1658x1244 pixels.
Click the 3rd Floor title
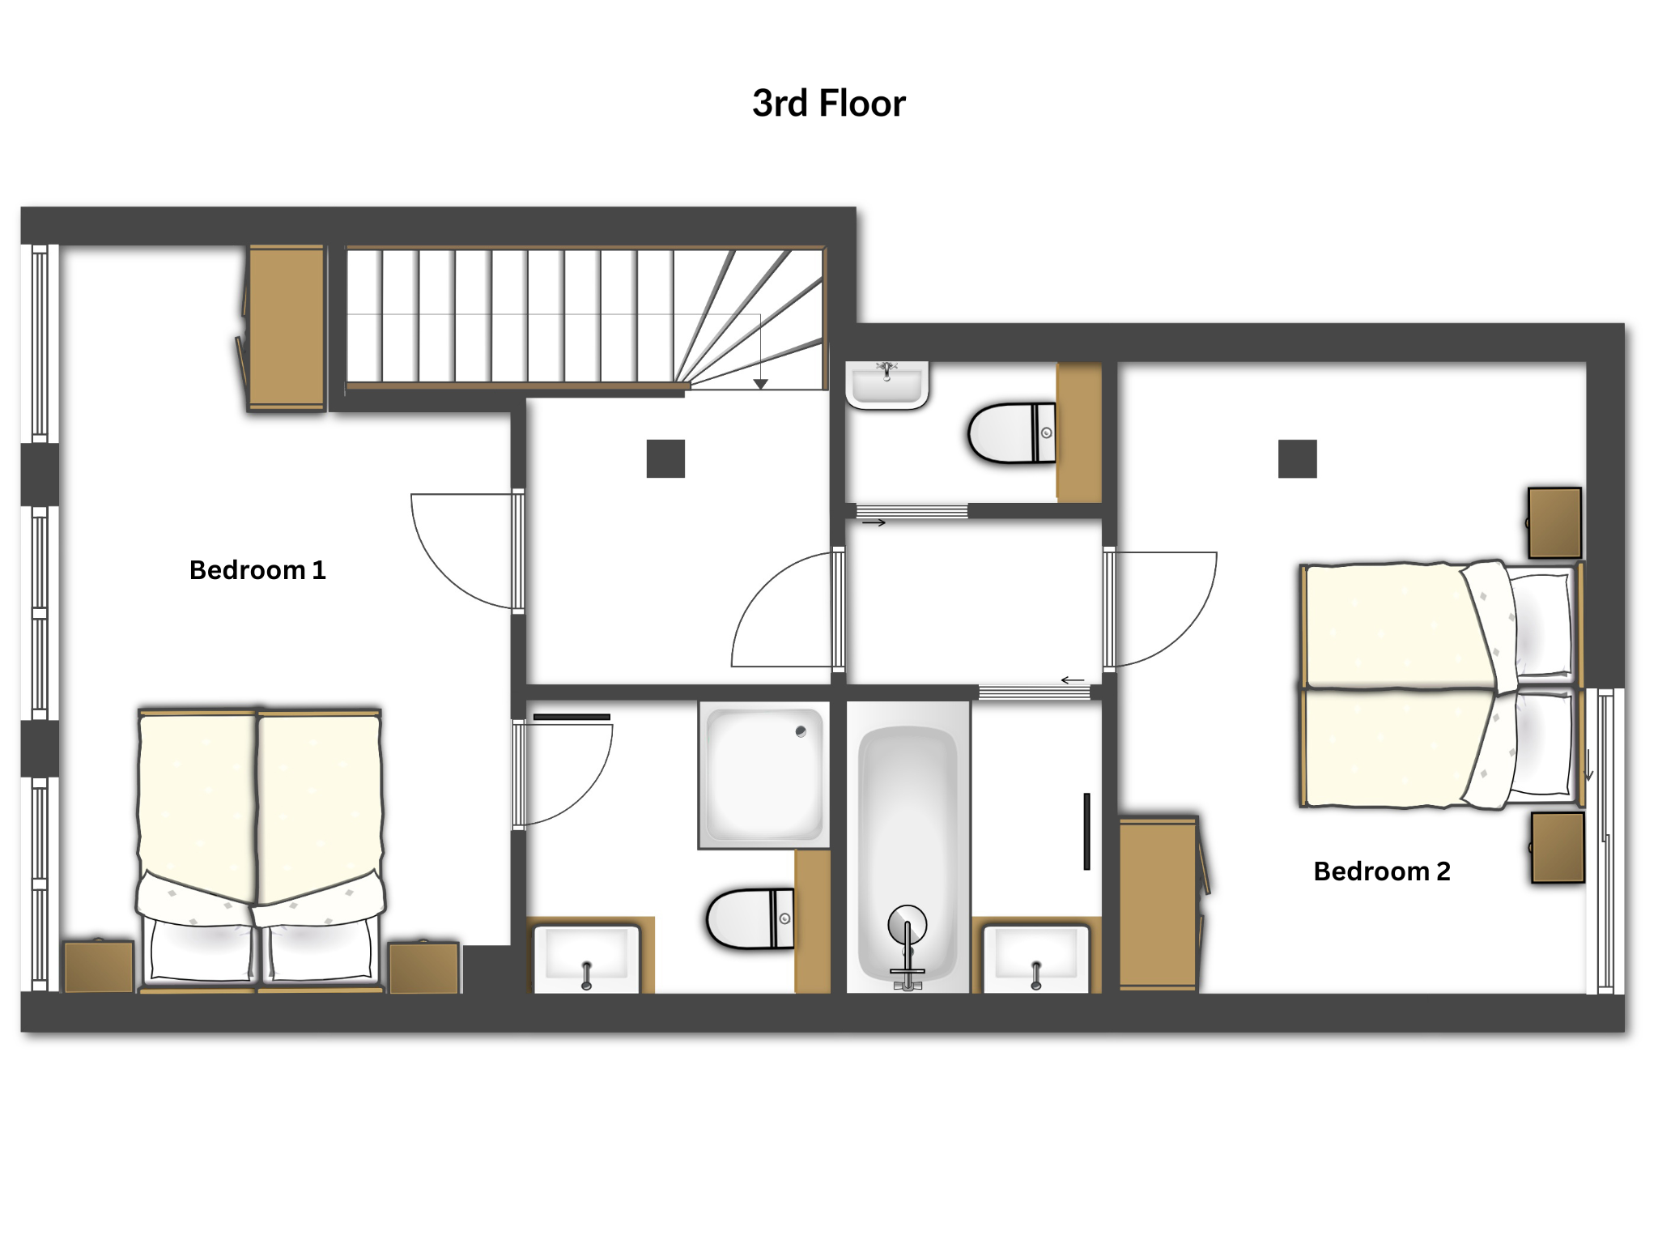(x=829, y=104)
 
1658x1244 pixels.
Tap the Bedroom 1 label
(x=257, y=570)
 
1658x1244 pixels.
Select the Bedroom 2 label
(x=1382, y=871)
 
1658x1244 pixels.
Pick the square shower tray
(x=764, y=775)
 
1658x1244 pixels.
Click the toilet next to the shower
(x=750, y=918)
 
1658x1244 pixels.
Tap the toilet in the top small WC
(x=1012, y=433)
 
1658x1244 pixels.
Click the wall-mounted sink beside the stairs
(x=887, y=385)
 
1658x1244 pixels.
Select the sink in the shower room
(x=587, y=959)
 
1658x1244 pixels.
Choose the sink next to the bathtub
(x=1036, y=959)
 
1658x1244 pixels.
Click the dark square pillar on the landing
(x=665, y=458)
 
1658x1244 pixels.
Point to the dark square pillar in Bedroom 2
(x=1297, y=458)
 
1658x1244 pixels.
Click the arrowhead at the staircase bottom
(x=760, y=384)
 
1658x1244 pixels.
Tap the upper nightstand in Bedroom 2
(x=1554, y=522)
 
